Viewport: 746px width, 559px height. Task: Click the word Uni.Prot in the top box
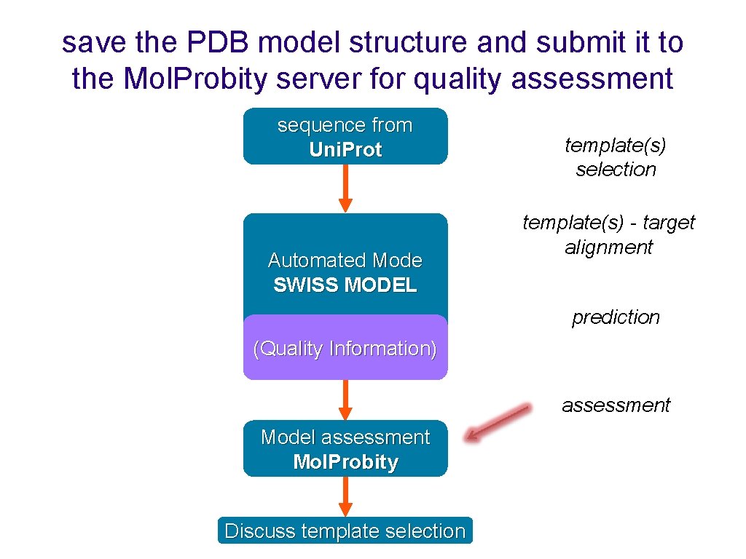pos(345,150)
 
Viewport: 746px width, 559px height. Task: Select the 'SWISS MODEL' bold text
pos(345,285)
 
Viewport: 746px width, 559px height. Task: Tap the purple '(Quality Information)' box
pos(345,349)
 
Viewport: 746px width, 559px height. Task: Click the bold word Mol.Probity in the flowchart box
pos(345,462)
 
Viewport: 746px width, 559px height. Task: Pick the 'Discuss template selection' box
pos(345,531)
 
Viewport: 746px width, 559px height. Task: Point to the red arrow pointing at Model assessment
pos(498,422)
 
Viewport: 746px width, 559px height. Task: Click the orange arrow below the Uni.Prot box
pos(345,188)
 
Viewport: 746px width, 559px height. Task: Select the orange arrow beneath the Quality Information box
pos(345,399)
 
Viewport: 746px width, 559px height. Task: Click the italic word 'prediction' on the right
pos(616,317)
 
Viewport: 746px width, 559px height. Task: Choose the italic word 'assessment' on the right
pos(616,405)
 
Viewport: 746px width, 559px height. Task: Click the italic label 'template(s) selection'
pos(616,157)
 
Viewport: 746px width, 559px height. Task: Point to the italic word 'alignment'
pos(609,247)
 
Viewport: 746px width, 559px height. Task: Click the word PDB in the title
pos(218,43)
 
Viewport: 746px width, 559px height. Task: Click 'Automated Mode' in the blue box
pos(345,261)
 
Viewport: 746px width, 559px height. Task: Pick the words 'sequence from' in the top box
pos(345,125)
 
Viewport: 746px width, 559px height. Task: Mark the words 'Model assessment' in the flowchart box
pos(345,437)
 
